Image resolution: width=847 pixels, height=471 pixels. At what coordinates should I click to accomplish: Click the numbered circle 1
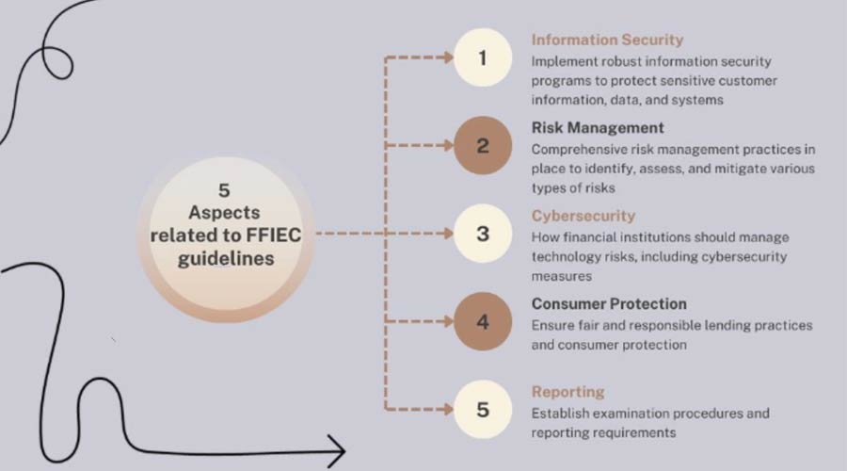(x=483, y=57)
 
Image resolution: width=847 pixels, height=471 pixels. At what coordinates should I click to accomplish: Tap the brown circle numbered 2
(x=483, y=145)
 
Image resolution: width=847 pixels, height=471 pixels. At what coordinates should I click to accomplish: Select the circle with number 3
(x=483, y=234)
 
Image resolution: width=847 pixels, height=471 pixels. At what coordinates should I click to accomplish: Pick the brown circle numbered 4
(x=483, y=322)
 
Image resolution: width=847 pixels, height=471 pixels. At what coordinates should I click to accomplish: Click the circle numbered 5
(x=483, y=410)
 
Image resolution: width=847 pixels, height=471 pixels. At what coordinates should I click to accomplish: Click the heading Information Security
(x=607, y=40)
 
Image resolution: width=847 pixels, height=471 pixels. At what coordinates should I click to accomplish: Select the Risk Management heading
(x=598, y=127)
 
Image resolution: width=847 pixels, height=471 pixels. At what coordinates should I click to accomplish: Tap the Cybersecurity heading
(x=583, y=216)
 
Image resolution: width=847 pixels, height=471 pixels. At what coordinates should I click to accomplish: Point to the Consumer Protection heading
(x=609, y=304)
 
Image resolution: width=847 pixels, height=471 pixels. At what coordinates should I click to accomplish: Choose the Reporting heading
(x=567, y=392)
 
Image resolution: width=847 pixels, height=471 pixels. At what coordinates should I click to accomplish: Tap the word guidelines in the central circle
(x=226, y=259)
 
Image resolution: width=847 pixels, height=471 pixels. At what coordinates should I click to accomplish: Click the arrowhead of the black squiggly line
(x=344, y=450)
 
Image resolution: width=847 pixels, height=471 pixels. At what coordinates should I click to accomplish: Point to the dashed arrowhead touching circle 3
(x=448, y=234)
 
